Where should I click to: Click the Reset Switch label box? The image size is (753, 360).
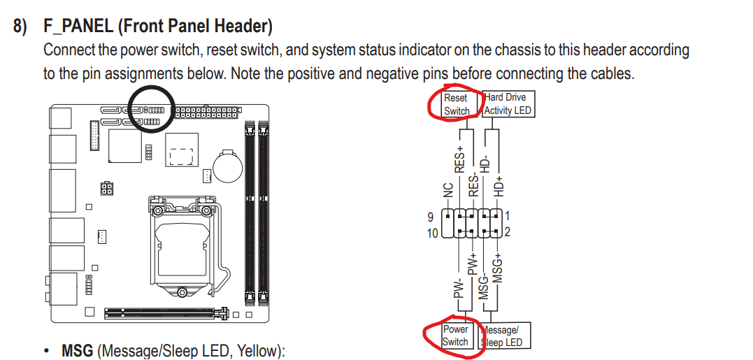pyautogui.click(x=457, y=104)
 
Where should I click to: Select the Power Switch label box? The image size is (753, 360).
pyautogui.click(x=455, y=336)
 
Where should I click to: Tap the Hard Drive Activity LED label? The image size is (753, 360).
pyautogui.click(x=508, y=104)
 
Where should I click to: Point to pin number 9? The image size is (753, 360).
pyautogui.click(x=431, y=217)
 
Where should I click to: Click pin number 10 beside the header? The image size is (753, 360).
pyautogui.click(x=433, y=233)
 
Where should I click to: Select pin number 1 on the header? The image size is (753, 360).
pyautogui.click(x=507, y=217)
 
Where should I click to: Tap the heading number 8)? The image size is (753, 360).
pyautogui.click(x=22, y=27)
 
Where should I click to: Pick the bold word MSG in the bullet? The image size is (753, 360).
pyautogui.click(x=77, y=350)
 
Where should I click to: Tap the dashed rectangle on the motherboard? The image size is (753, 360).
pyautogui.click(x=181, y=156)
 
